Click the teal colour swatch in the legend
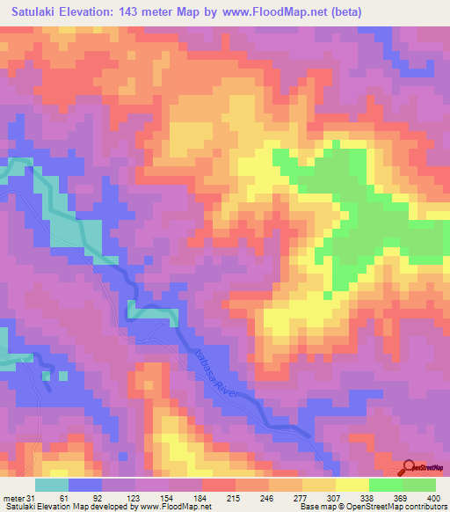tap(52, 486)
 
